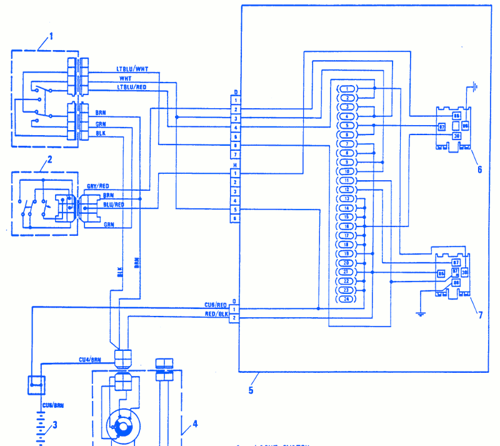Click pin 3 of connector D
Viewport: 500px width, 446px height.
[235, 118]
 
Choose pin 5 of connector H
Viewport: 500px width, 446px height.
[235, 209]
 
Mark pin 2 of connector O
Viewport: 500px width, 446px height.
[234, 318]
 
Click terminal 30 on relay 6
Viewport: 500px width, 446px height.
[456, 136]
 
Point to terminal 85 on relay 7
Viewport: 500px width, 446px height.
[441, 274]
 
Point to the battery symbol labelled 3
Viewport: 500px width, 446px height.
[41, 428]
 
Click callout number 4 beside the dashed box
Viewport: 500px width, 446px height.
[195, 423]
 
